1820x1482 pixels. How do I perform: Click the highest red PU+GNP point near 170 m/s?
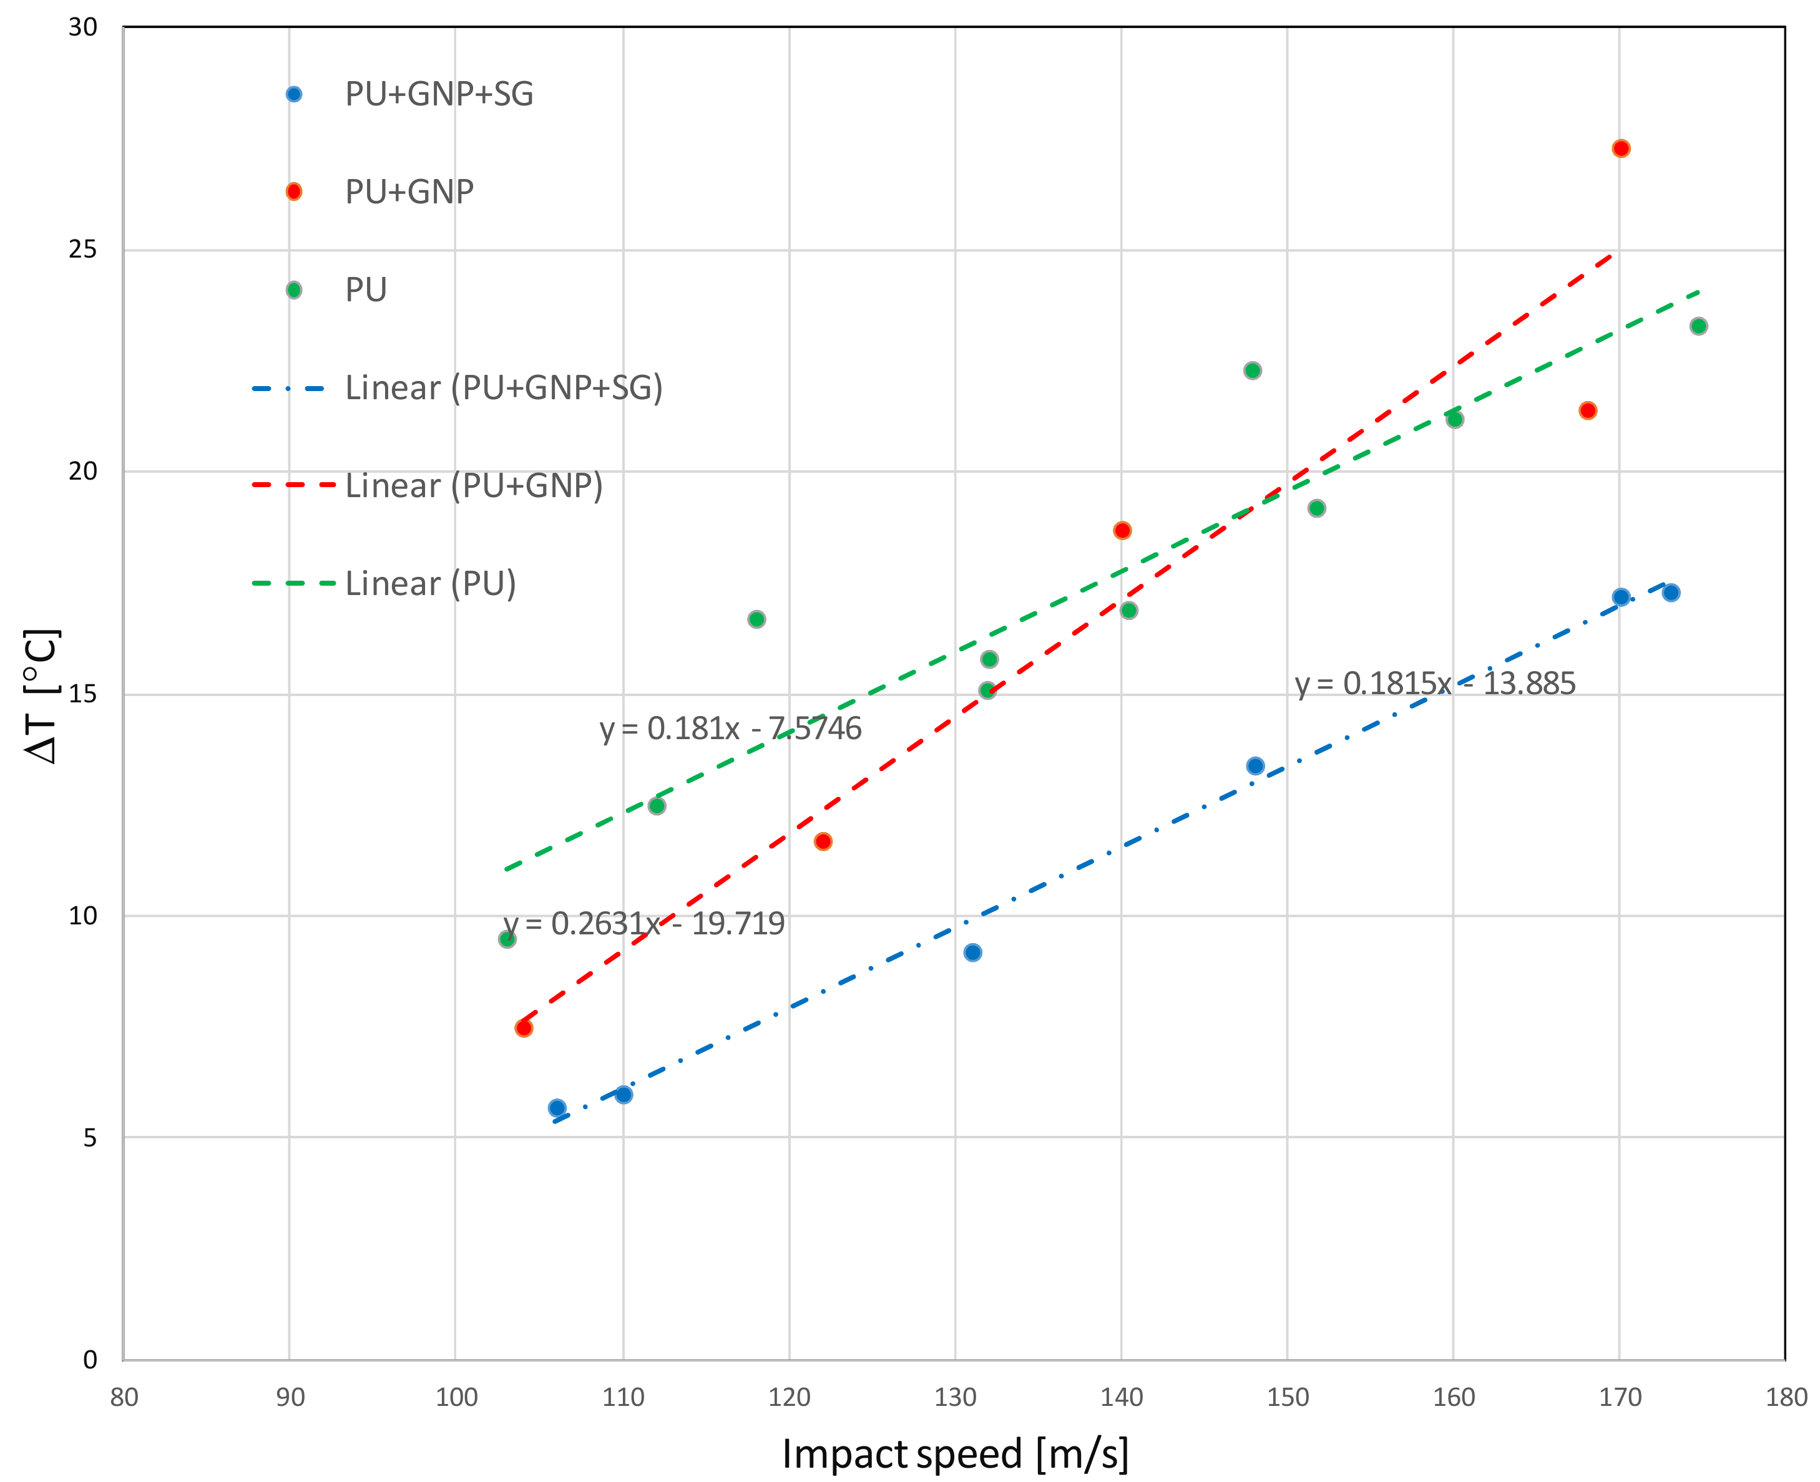1620,148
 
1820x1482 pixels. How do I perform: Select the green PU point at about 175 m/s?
1698,326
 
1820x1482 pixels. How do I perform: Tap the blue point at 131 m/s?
972,952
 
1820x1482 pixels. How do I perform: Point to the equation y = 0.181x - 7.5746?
730,728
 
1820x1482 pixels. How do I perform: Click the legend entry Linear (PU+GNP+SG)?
503,387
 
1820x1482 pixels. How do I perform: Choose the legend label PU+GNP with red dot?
408,191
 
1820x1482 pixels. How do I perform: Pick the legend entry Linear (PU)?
431,583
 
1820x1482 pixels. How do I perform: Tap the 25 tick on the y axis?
83,249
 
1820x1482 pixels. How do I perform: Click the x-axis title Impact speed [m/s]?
955,1454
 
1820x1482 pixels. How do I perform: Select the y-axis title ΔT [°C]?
41,695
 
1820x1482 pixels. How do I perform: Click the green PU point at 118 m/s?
756,619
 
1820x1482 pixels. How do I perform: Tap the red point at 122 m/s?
823,842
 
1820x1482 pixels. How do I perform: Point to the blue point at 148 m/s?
1255,766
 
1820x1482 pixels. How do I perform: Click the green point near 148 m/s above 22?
1252,370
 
